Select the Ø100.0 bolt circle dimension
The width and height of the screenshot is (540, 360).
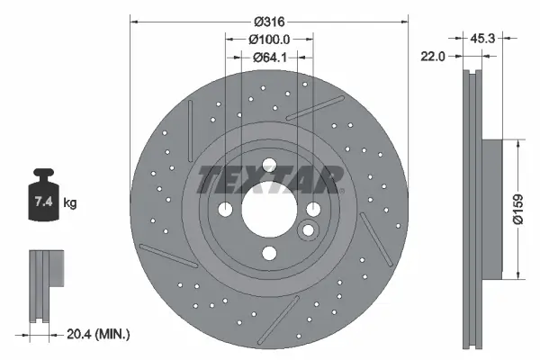point(268,39)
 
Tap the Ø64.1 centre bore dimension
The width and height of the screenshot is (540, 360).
point(268,58)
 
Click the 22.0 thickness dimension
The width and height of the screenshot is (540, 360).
point(436,56)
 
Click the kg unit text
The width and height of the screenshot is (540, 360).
point(70,203)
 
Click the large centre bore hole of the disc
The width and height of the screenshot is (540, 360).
point(268,210)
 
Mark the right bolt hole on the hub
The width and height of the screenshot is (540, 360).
point(314,210)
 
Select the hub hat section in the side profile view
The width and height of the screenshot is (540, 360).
point(490,209)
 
